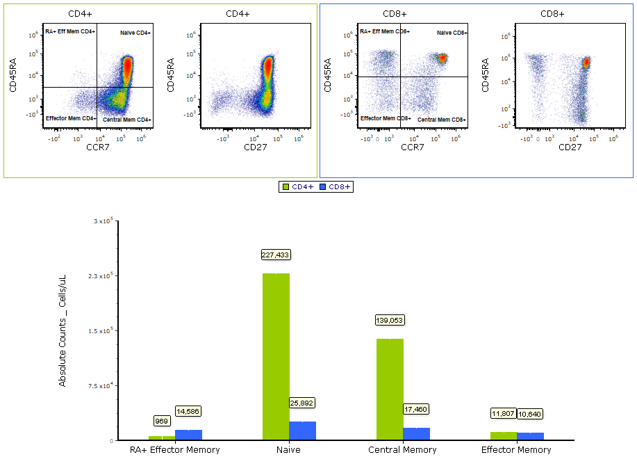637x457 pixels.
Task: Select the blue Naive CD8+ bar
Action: (302, 431)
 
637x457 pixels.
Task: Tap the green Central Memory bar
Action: (390, 389)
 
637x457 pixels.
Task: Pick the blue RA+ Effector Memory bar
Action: (188, 435)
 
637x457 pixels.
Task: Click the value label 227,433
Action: (275, 255)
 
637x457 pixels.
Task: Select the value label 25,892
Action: (302, 403)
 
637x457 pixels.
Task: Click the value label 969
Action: (162, 421)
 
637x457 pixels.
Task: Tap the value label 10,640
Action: (529, 414)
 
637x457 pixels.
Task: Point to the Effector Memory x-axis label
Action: (516, 449)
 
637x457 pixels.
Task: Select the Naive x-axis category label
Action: (289, 449)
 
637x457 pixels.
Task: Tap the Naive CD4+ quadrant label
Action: (135, 33)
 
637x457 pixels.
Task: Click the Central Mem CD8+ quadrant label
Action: (441, 120)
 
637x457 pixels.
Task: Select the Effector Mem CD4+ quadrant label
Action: (70, 119)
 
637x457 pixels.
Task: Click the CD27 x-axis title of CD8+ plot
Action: (570, 147)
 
